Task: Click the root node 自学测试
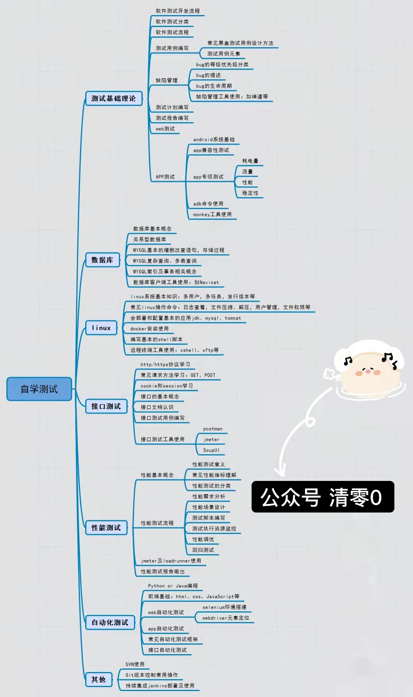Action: click(x=39, y=389)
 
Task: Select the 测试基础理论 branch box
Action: click(x=113, y=98)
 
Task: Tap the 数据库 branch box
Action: click(x=102, y=260)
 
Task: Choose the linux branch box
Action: click(x=101, y=328)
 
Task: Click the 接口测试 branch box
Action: click(x=106, y=406)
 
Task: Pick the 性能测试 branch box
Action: click(x=106, y=528)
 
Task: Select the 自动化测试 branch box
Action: click(x=110, y=622)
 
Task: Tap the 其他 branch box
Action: click(x=98, y=680)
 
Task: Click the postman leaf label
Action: click(x=213, y=429)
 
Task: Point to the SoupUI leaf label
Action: click(x=211, y=450)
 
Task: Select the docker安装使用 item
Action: click(x=149, y=329)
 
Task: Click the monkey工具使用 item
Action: click(x=212, y=214)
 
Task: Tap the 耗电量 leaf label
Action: click(x=250, y=161)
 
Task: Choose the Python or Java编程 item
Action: click(x=173, y=586)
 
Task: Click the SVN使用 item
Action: click(x=135, y=664)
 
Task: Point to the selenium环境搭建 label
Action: click(x=224, y=607)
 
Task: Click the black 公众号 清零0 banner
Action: click(x=323, y=497)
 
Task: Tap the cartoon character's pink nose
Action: click(x=367, y=371)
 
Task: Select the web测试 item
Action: click(x=165, y=129)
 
